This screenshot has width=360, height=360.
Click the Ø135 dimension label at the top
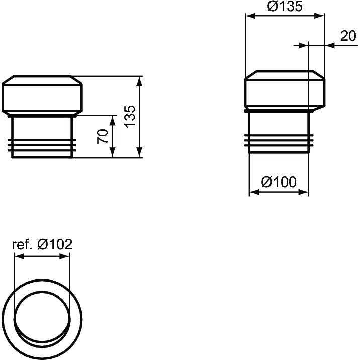(285, 6)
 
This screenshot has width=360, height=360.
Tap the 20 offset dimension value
(348, 36)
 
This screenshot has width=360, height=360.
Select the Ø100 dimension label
(279, 182)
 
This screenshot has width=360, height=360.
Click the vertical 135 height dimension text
(130, 116)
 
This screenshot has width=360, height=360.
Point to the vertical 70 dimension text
(103, 137)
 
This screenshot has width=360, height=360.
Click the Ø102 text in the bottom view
(55, 244)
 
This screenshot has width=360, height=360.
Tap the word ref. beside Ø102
(22, 245)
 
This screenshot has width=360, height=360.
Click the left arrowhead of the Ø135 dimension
(250, 16)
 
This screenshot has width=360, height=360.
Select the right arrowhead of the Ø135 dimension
(319, 16)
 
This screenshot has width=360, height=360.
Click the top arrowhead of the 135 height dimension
(139, 81)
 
